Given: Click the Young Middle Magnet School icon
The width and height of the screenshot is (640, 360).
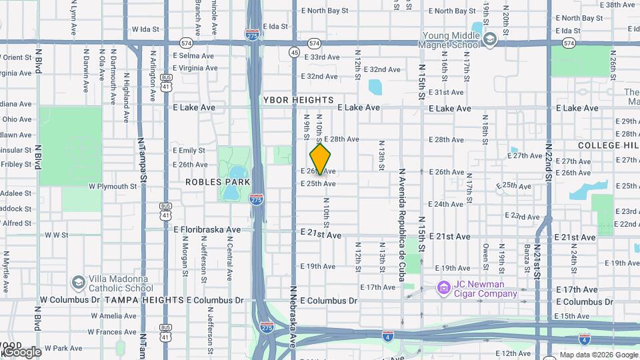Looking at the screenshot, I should click(x=490, y=39).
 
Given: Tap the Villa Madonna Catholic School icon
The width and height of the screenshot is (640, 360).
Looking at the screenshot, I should click(x=79, y=283).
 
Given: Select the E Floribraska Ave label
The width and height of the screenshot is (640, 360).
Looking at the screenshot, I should click(x=207, y=229).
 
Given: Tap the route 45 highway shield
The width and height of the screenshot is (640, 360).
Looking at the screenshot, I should click(x=294, y=52).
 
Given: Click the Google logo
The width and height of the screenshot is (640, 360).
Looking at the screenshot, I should click(x=21, y=351).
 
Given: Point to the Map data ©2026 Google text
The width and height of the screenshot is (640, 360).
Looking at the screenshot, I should click(x=598, y=355).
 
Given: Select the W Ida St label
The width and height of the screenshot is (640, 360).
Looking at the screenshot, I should click(x=146, y=29).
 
